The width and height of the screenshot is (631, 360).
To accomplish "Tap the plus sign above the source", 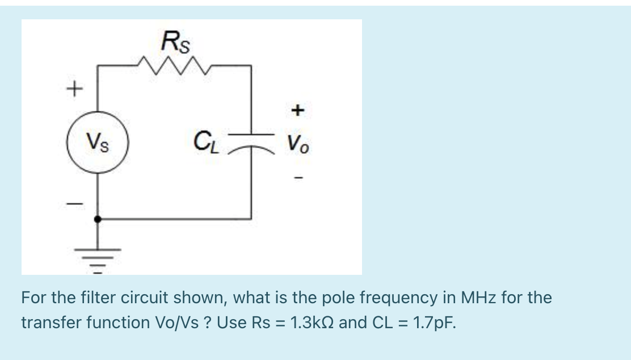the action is point(74,89).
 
